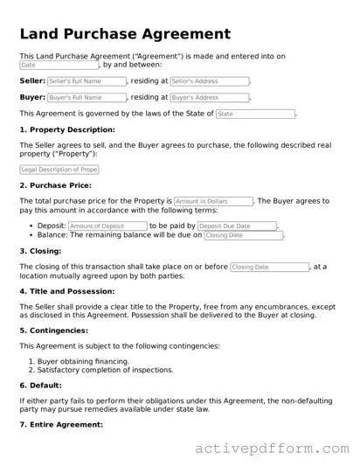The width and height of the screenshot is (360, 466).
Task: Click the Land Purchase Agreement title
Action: [x=124, y=34]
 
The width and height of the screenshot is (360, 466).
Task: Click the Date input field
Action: [x=59, y=65]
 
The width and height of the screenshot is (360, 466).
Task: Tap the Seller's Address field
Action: [x=210, y=81]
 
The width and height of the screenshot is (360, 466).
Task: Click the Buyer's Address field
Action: [x=210, y=98]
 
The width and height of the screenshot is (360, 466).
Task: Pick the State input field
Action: [x=254, y=115]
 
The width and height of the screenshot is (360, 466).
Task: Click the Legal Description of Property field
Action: [x=59, y=170]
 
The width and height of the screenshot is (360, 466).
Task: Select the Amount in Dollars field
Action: [x=213, y=201]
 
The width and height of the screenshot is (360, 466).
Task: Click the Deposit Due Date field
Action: [x=236, y=226]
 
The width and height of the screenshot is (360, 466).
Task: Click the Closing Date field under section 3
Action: [x=269, y=267]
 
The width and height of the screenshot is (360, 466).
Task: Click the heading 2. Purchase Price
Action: [x=54, y=185]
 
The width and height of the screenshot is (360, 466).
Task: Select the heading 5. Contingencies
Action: [x=54, y=330]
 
